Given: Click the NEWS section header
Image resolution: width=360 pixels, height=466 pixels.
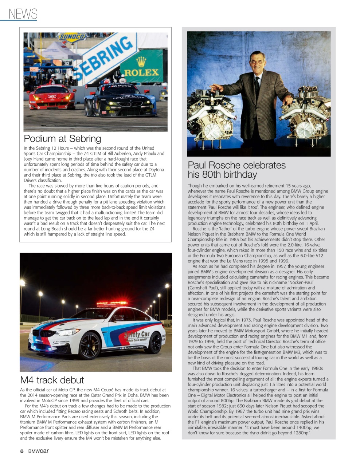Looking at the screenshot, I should click(x=23, y=14).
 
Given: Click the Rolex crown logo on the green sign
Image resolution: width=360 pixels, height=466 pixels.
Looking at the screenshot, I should click(x=141, y=62).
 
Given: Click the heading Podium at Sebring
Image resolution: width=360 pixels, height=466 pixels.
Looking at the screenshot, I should click(x=62, y=139).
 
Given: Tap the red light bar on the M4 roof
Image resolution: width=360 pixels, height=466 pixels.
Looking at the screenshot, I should click(x=112, y=304).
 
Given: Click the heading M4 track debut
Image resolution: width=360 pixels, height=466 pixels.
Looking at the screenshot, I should click(x=52, y=380).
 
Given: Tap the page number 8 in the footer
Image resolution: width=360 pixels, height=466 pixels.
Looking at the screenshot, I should click(x=22, y=451).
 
